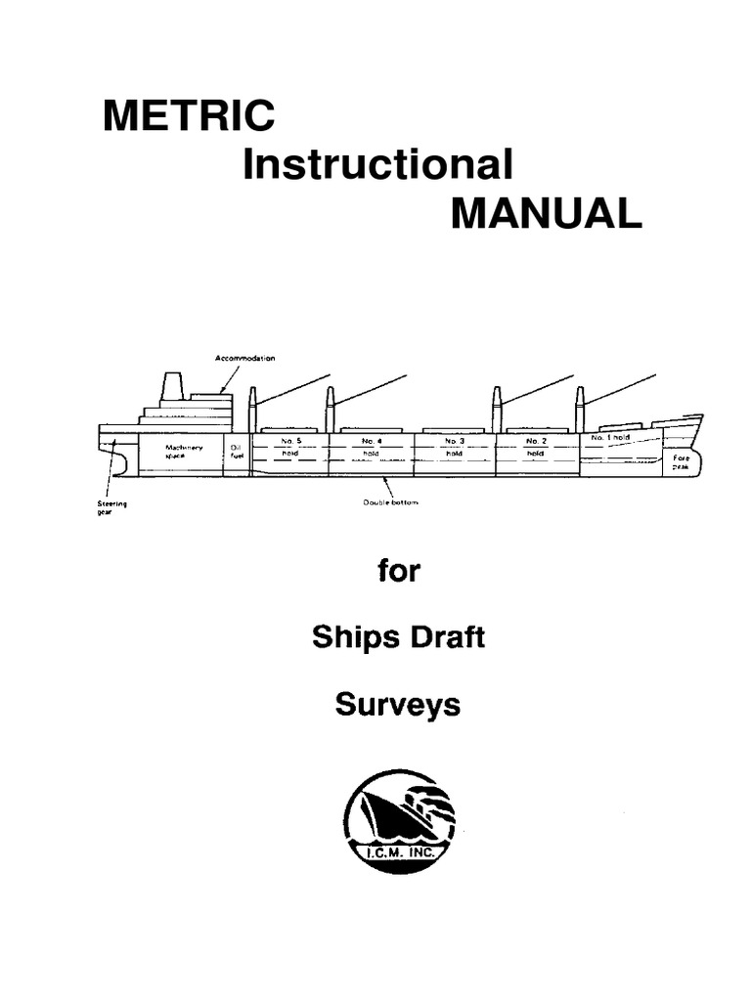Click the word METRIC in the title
[189, 117]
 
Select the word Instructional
[377, 165]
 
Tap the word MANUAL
[546, 213]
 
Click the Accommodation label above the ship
[244, 359]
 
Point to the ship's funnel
[172, 386]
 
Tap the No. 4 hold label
[372, 447]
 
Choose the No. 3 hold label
[454, 447]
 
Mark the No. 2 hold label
[535, 447]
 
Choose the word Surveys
[397, 704]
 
